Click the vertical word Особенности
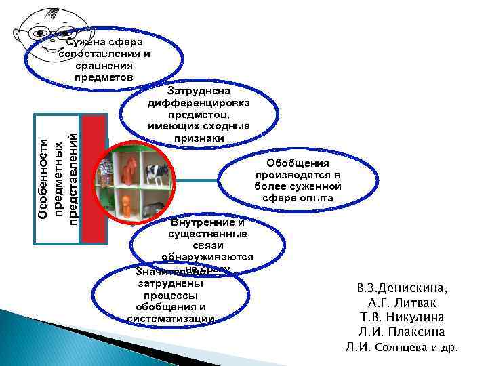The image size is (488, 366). (x=42, y=178)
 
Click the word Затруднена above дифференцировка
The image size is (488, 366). (x=199, y=90)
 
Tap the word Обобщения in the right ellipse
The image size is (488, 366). (x=298, y=163)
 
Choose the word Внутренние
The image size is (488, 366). (x=207, y=222)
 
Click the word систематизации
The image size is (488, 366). (x=171, y=319)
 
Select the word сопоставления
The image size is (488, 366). (x=104, y=54)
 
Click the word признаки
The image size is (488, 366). (x=199, y=138)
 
